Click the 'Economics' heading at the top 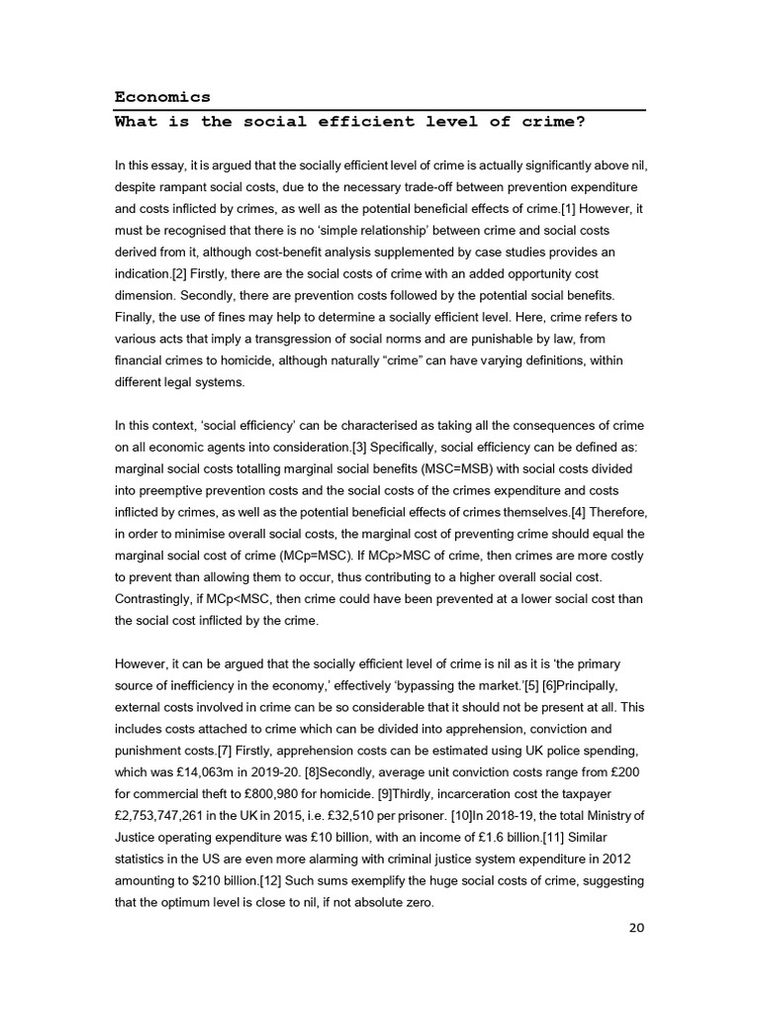[x=162, y=97]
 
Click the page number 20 [x=636, y=928]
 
